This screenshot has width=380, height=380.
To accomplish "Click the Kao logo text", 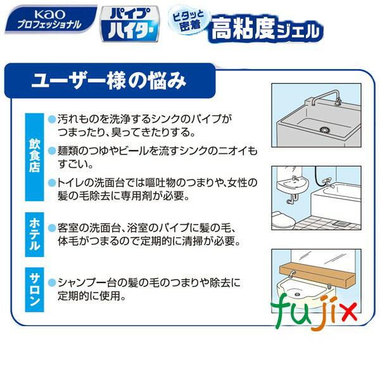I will click(29, 13).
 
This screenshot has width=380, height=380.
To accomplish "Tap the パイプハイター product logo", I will click(129, 24).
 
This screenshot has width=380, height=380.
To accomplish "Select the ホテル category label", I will click(34, 234).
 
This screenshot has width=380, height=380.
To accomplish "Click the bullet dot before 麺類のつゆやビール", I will click(52, 153).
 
